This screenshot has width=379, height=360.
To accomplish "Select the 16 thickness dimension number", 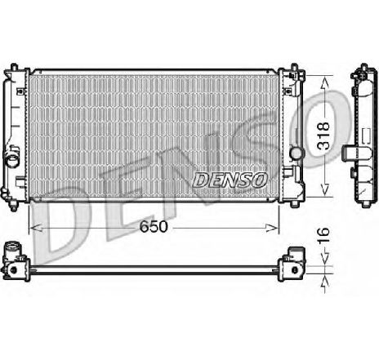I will [325, 237].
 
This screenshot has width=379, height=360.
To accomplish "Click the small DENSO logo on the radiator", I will [229, 178].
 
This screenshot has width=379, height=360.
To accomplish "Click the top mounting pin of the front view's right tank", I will [290, 64].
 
